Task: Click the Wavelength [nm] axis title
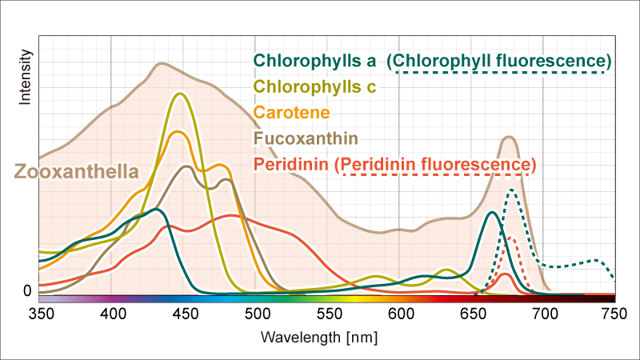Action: (x=319, y=337)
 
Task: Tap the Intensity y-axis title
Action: (x=25, y=78)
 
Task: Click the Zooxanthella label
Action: (x=76, y=171)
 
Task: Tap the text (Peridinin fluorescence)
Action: (x=435, y=164)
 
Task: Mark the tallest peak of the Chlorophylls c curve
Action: (x=179, y=94)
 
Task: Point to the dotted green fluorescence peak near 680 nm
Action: (x=511, y=190)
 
